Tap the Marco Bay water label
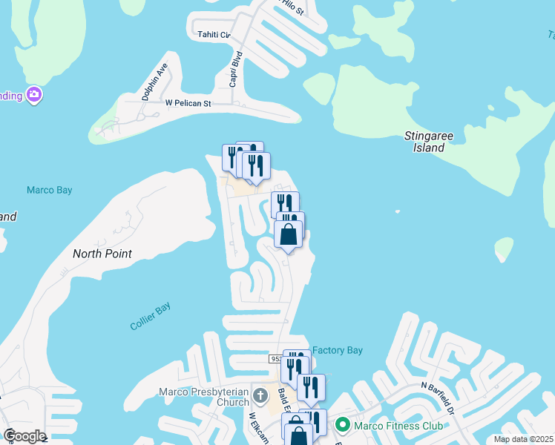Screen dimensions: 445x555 click(50, 191)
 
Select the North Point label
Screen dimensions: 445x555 click(102, 254)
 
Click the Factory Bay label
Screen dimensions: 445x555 click(337, 350)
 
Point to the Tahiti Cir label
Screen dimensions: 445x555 click(214, 34)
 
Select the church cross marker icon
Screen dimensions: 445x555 click(260, 394)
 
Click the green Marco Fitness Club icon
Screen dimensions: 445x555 click(342, 425)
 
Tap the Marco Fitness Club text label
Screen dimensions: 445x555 click(398, 426)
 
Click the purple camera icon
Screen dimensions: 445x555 click(34, 95)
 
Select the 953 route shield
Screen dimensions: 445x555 click(276, 358)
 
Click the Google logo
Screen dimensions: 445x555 click(24, 436)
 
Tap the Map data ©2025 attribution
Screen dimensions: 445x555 click(523, 439)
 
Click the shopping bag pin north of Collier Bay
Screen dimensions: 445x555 click(289, 235)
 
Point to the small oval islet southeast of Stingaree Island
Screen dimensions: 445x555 click(505, 248)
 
